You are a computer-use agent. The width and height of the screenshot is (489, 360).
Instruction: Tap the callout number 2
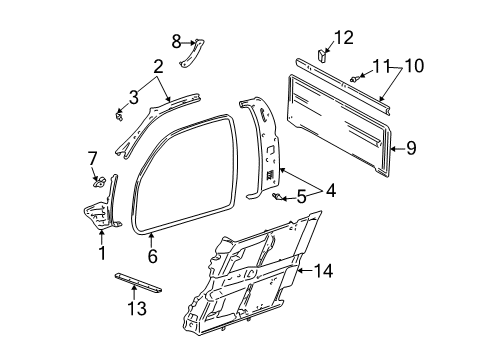157,68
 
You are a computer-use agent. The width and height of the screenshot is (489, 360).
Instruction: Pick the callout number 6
153,257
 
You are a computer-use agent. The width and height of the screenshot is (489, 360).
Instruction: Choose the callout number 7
92,158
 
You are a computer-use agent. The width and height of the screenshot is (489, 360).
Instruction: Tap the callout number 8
177,41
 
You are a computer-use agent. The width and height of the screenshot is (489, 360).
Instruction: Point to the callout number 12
343,38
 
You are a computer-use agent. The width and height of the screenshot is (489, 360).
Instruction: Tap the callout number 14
321,270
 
